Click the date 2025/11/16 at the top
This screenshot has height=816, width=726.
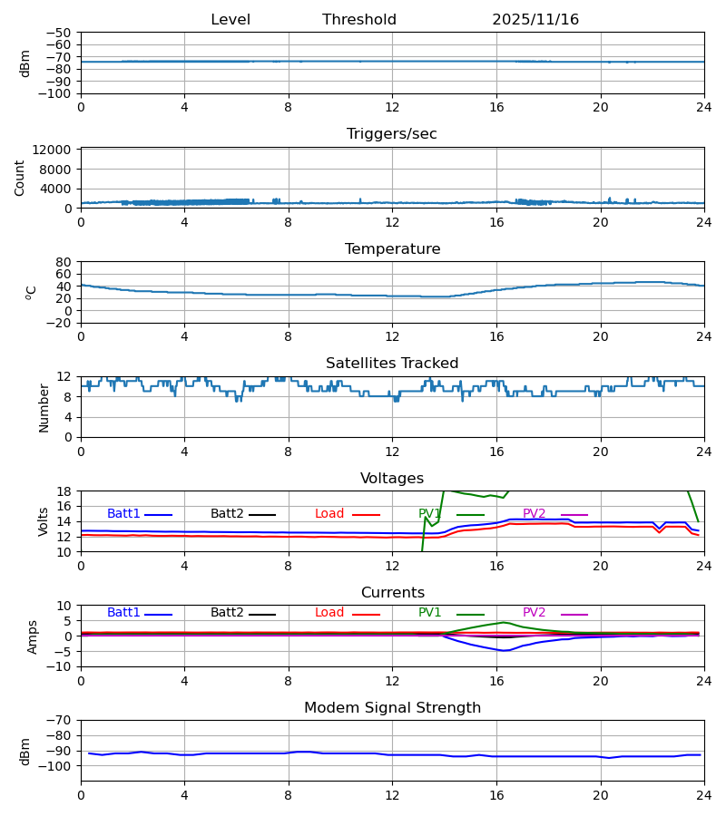point(535,20)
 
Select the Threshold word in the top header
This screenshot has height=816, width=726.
point(359,20)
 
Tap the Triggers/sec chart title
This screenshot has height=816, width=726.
point(392,134)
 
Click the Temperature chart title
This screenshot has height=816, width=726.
point(392,249)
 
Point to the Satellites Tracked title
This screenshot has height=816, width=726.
point(392,364)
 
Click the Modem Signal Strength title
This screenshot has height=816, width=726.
point(392,708)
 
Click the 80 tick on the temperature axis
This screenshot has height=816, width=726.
point(64,262)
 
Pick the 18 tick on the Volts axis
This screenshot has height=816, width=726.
point(64,491)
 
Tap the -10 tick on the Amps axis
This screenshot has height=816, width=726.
point(60,667)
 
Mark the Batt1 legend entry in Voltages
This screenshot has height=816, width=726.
point(123,514)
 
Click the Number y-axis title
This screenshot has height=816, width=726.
point(44,407)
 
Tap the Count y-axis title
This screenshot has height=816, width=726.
point(20,178)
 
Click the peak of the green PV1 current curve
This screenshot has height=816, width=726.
point(505,622)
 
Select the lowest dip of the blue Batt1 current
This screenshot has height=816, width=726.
point(505,651)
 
